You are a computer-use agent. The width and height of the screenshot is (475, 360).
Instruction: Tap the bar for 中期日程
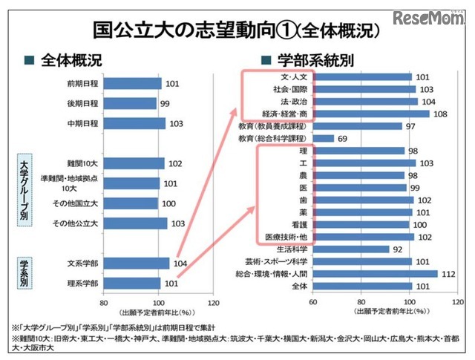tap(135, 124)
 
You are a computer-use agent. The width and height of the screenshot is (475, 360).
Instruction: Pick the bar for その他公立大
tap(135, 223)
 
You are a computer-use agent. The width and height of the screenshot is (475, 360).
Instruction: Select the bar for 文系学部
tap(137, 263)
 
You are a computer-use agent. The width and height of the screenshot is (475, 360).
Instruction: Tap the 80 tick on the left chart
tap(104, 303)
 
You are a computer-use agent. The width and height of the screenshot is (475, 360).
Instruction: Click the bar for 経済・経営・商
tap(371, 114)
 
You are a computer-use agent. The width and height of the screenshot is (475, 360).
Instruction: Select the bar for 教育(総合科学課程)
tap(324, 138)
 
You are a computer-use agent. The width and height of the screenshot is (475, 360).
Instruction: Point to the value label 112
tap(447, 273)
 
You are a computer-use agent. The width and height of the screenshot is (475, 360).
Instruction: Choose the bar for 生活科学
tap(351, 249)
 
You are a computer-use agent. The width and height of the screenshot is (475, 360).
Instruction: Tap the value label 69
tap(342, 138)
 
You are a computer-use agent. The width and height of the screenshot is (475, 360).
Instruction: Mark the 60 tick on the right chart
tap(313, 303)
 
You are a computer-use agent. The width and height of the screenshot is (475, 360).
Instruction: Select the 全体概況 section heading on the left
tap(71, 59)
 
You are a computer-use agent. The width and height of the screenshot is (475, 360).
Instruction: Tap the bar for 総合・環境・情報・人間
tap(376, 273)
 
